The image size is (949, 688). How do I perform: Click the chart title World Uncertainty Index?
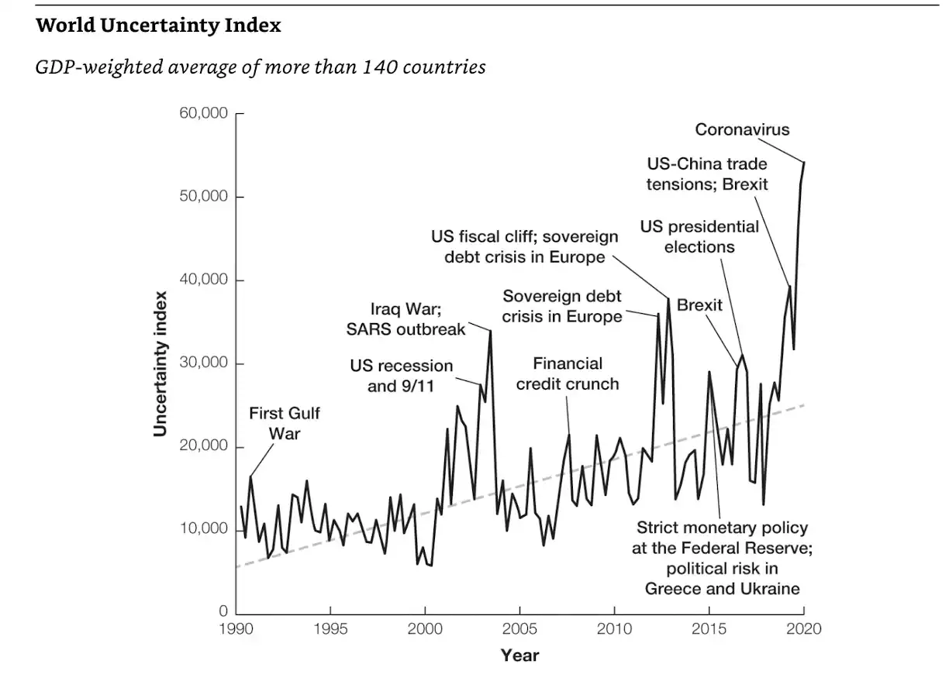[x=158, y=26]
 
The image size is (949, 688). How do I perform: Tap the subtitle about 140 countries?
[x=261, y=67]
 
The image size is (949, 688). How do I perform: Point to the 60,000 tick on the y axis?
[x=205, y=113]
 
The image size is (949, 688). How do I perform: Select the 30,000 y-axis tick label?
[x=205, y=363]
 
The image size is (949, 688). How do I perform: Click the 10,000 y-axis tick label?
[x=205, y=530]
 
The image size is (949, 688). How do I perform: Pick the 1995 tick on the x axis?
[x=330, y=628]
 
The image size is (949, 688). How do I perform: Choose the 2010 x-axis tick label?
[x=614, y=628]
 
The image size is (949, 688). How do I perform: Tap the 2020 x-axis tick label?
[x=804, y=628]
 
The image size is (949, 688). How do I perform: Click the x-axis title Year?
[x=519, y=655]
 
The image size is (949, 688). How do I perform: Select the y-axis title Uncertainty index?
[x=160, y=363]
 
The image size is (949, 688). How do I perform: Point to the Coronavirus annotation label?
[x=742, y=129]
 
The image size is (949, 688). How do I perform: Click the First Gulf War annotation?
[x=284, y=423]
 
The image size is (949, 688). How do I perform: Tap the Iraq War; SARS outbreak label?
[x=405, y=319]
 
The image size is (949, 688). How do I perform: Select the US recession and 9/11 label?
[x=401, y=375]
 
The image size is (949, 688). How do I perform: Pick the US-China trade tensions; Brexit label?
[x=707, y=174]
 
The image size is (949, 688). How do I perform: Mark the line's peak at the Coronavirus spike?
[x=804, y=162]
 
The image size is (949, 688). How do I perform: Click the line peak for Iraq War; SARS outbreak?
[x=490, y=331]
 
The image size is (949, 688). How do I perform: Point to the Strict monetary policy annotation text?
[x=722, y=558]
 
